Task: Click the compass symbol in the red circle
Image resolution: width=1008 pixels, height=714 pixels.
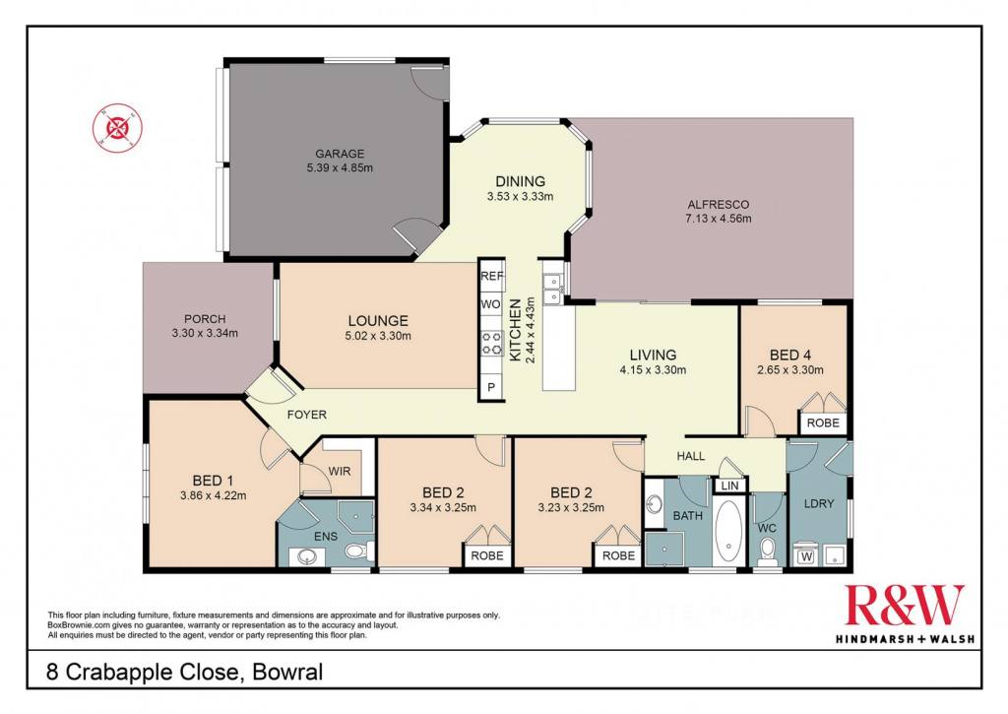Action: tap(118, 126)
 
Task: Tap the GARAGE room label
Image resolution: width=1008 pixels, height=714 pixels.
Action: tap(340, 154)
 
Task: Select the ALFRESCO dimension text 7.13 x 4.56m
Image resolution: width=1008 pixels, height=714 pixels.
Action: tap(718, 218)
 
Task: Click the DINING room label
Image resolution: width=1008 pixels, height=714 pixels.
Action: tap(520, 181)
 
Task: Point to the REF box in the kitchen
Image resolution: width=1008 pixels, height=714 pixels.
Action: tap(492, 276)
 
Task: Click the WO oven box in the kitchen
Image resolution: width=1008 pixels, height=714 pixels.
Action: tap(490, 304)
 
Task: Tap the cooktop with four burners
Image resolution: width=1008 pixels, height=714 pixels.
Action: tap(493, 343)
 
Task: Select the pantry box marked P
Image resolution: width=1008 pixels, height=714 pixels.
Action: tap(492, 387)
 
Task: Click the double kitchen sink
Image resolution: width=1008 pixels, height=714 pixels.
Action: tap(551, 289)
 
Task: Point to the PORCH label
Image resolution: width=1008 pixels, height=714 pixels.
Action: tap(205, 318)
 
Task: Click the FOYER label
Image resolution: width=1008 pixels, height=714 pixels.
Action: tap(307, 415)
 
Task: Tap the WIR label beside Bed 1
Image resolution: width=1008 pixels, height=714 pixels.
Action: tap(340, 472)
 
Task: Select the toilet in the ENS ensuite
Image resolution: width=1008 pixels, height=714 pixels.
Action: tap(355, 552)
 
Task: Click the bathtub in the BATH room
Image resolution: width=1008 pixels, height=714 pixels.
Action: tap(727, 529)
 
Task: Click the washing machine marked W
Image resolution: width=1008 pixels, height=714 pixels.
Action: tap(806, 555)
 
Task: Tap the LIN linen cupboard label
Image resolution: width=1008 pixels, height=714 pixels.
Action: tap(729, 486)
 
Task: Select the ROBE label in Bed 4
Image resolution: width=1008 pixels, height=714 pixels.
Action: tap(824, 422)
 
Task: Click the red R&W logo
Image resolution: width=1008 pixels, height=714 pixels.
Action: tap(905, 606)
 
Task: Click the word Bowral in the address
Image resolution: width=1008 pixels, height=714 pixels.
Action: tap(287, 673)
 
